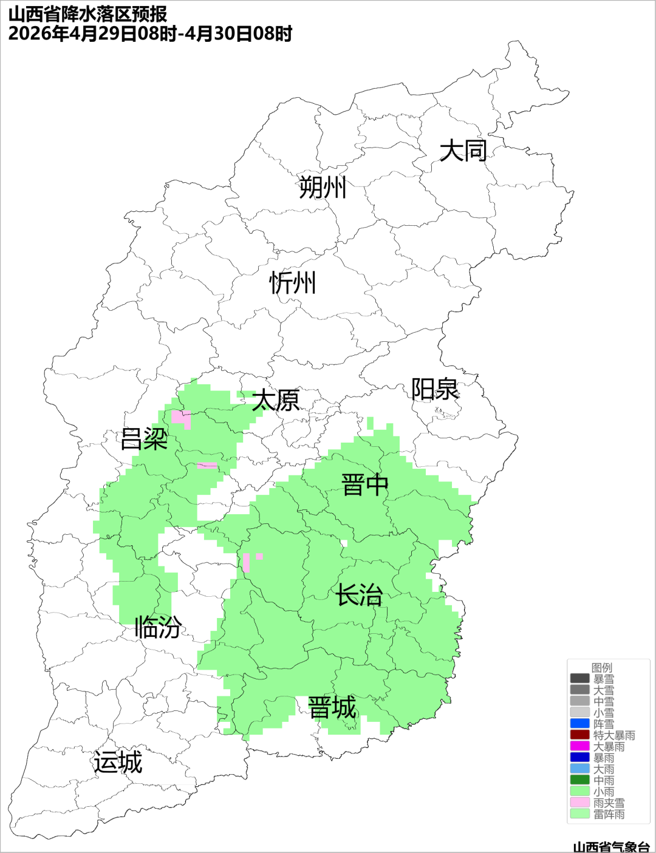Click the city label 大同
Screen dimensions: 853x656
(x=463, y=151)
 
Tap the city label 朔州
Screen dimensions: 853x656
(x=323, y=187)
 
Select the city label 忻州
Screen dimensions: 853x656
(x=293, y=283)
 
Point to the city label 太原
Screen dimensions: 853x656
(x=276, y=401)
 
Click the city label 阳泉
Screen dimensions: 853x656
(x=435, y=389)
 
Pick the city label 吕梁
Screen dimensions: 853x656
(x=144, y=439)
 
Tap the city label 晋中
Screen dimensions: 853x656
(x=364, y=485)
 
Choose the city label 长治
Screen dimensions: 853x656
(x=360, y=595)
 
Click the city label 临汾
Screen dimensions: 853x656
(x=158, y=627)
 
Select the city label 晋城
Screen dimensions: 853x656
(x=332, y=708)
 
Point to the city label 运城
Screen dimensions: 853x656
(x=118, y=763)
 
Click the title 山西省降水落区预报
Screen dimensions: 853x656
(x=87, y=14)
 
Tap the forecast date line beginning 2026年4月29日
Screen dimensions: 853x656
(x=150, y=33)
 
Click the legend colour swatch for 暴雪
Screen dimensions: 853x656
(x=580, y=679)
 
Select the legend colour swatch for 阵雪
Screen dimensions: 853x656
(x=580, y=724)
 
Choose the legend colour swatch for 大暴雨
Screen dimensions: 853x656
(x=580, y=746)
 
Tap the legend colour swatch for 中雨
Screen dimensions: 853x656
(x=580, y=780)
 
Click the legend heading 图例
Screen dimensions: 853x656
(x=602, y=668)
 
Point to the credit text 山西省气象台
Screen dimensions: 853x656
(x=611, y=846)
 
